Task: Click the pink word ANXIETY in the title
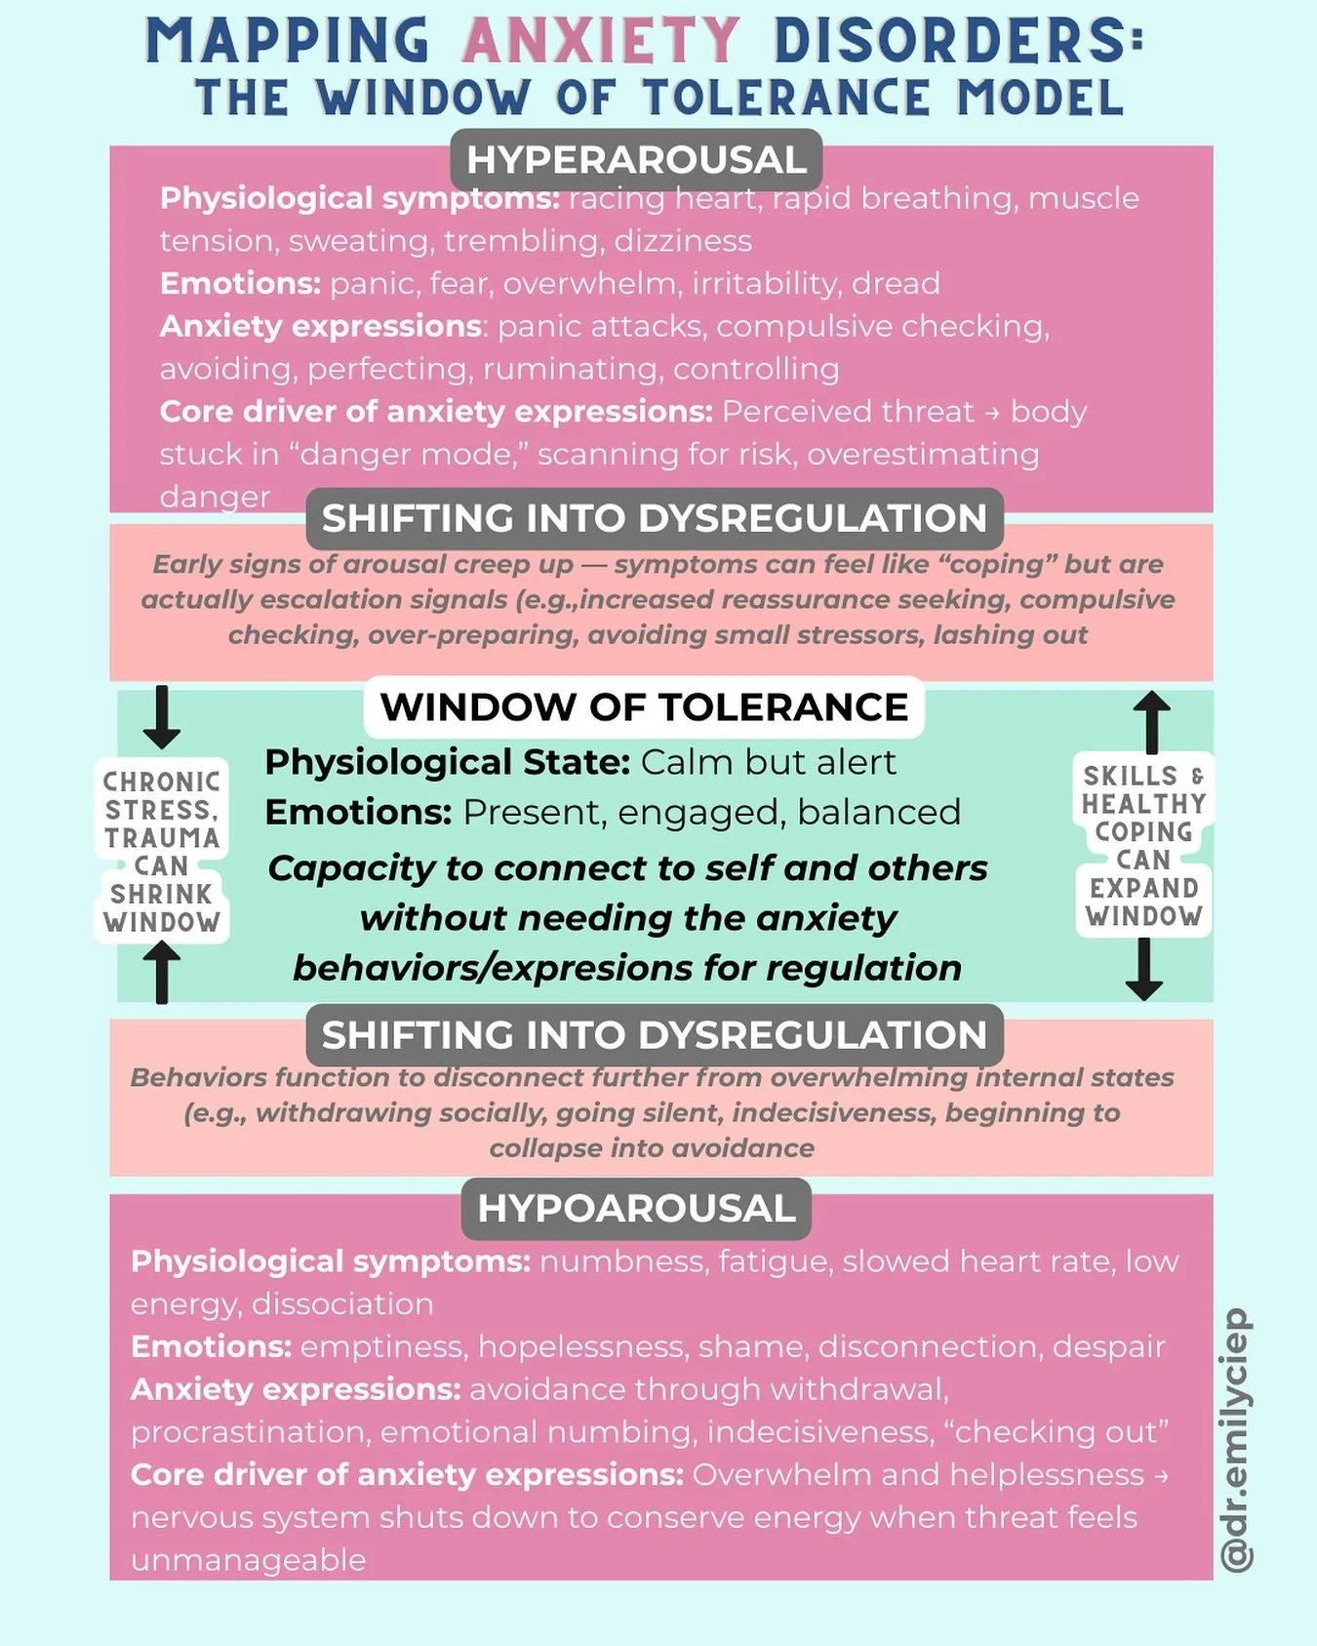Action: [x=600, y=41]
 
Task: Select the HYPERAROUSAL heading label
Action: [x=636, y=160]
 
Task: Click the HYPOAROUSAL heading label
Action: [x=636, y=1208]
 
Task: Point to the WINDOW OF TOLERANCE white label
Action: [x=644, y=706]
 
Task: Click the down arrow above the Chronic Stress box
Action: [x=162, y=716]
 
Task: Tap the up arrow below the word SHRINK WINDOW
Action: [x=162, y=972]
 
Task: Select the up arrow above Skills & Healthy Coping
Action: [x=1151, y=721]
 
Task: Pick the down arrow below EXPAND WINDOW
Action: [x=1144, y=969]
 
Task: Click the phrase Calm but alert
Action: [x=768, y=762]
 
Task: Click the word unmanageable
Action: [x=249, y=1560]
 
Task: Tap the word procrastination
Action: [x=248, y=1432]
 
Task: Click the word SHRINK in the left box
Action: [x=161, y=894]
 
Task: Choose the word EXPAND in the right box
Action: [x=1143, y=888]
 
